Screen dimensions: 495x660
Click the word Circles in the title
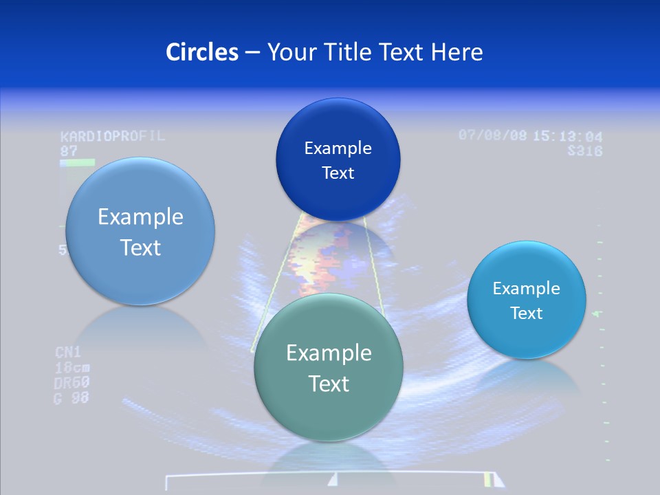pos(202,52)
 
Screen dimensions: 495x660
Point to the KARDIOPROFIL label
pos(113,135)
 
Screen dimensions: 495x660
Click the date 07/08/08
pos(493,135)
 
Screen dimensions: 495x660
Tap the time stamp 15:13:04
pos(568,136)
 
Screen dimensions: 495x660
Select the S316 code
pos(585,151)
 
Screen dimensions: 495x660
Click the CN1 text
pos(68,353)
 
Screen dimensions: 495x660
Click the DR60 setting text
pos(72,382)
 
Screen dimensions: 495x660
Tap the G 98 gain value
pos(71,397)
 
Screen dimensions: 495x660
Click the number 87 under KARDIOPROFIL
pos(69,151)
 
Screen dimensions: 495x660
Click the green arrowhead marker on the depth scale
pos(596,313)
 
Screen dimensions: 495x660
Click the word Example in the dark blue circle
pos(338,148)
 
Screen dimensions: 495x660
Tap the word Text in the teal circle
pos(329,384)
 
